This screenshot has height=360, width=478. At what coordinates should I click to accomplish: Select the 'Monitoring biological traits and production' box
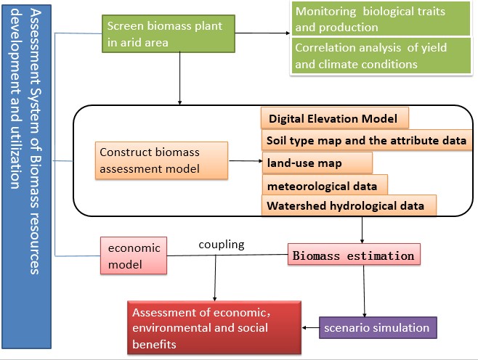[x=381, y=20]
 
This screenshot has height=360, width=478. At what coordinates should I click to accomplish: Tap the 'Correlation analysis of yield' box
[x=381, y=56]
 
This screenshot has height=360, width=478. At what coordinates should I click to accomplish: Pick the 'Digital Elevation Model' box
[x=334, y=118]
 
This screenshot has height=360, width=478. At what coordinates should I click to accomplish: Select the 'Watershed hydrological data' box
[x=348, y=206]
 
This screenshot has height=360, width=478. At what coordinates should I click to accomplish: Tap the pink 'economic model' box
[x=134, y=256]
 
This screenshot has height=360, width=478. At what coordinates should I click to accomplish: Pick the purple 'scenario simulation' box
[x=378, y=328]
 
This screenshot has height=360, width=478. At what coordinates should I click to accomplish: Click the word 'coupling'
[x=221, y=245]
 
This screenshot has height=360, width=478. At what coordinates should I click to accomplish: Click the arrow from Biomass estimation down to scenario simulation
[x=363, y=290]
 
